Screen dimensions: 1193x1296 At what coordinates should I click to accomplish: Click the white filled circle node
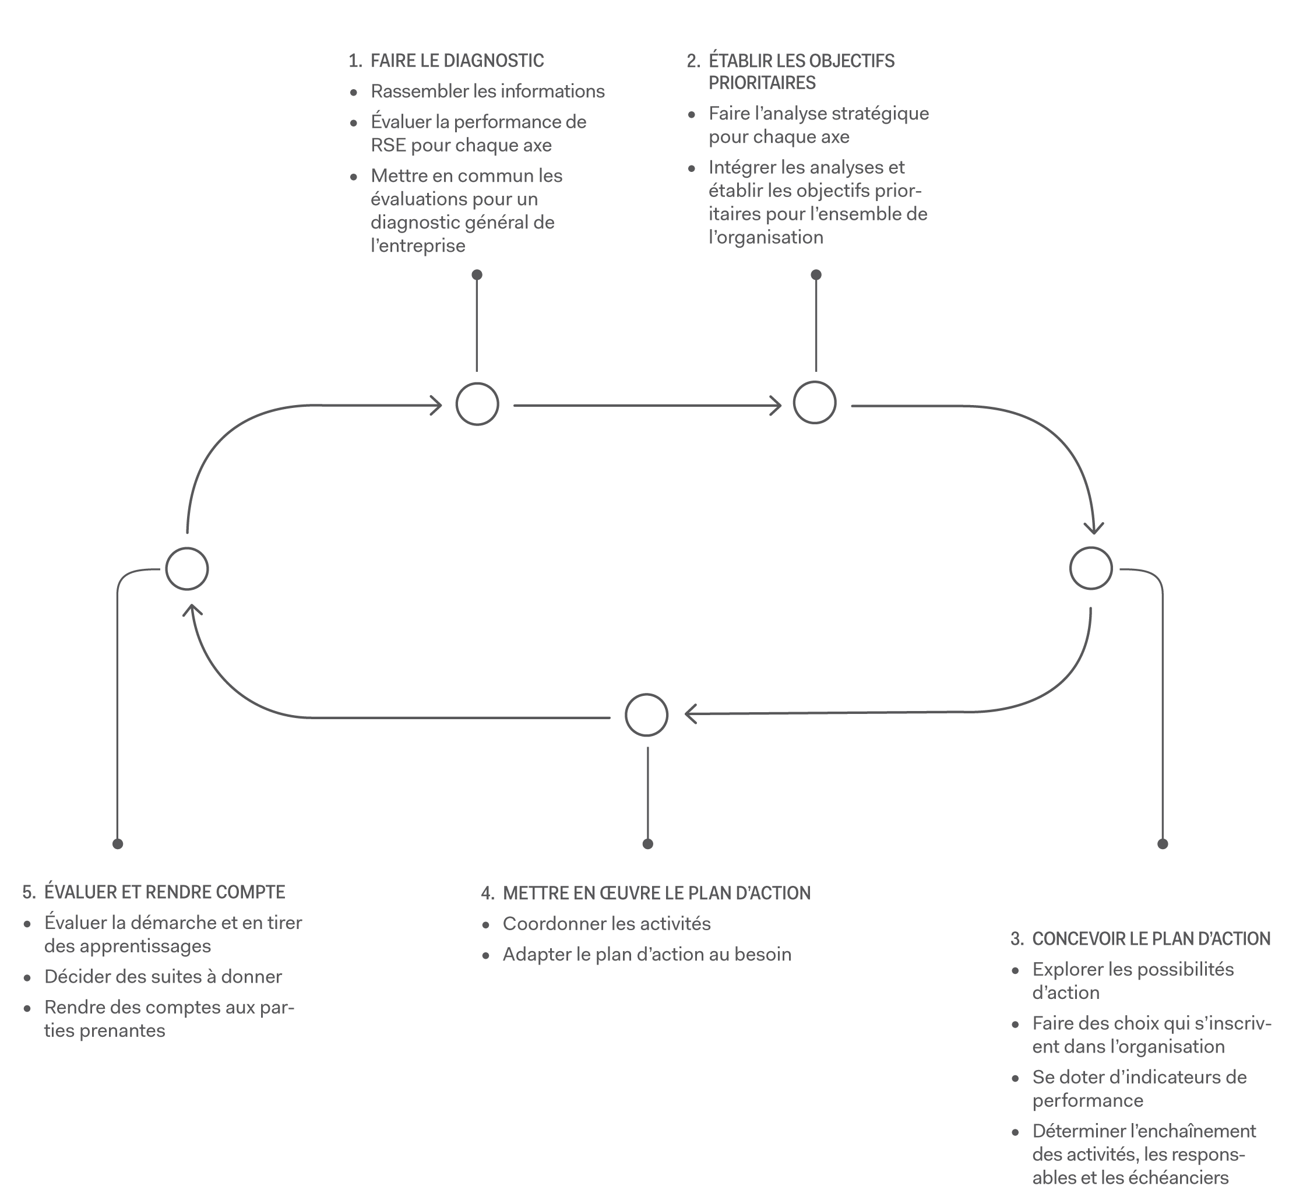point(477,404)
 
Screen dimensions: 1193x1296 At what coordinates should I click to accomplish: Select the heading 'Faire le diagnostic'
point(457,61)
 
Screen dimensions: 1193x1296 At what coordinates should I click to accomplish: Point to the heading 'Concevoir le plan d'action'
point(1151,939)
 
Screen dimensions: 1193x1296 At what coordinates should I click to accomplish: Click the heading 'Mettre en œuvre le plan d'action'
point(656,893)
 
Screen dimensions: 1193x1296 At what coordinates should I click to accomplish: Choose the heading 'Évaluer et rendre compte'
point(164,892)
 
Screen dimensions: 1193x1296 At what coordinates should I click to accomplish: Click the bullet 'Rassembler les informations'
point(487,92)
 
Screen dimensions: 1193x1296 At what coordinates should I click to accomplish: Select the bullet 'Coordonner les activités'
point(607,924)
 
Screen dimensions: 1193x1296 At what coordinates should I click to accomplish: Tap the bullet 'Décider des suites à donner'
point(163,976)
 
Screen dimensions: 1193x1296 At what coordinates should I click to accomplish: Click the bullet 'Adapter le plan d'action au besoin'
point(647,954)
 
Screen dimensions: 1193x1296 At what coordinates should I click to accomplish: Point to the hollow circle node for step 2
point(815,403)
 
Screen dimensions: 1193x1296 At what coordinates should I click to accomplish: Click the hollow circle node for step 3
point(1091,569)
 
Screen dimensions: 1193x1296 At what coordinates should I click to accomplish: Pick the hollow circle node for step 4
point(647,715)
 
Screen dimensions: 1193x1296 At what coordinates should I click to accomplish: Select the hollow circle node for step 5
point(187,569)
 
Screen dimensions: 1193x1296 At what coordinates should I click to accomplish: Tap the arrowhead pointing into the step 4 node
point(690,714)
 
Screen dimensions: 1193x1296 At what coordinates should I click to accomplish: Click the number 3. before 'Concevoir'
point(1017,939)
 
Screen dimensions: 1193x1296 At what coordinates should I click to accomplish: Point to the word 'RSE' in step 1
point(388,145)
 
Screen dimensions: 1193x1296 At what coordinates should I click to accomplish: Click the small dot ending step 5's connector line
point(118,844)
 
